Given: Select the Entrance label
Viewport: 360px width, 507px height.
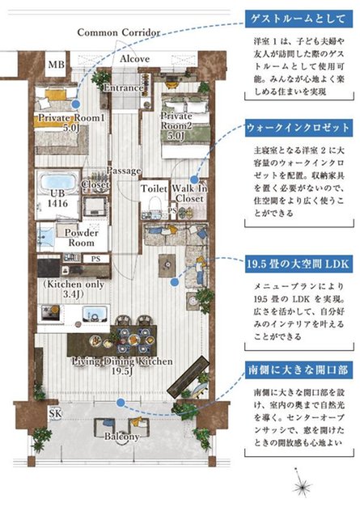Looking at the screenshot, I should click(x=124, y=87).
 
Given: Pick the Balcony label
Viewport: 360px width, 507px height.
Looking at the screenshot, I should click(x=122, y=437).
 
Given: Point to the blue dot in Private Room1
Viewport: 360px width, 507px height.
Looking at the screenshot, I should click(x=75, y=104).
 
